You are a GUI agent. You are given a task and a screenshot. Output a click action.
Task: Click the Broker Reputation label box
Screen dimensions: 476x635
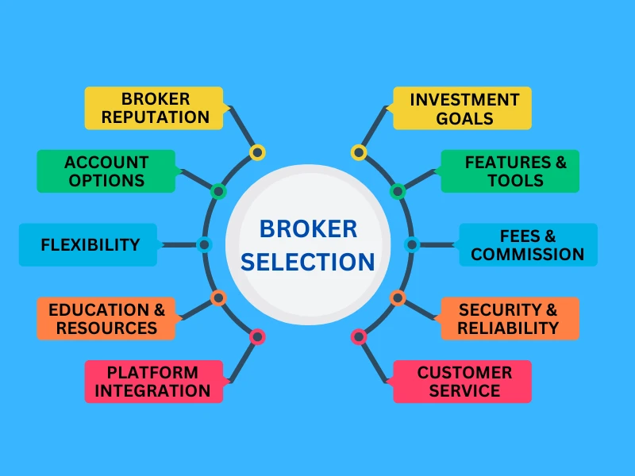pos(154,109)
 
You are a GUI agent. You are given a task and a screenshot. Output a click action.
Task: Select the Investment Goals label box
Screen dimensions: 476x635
pos(463,109)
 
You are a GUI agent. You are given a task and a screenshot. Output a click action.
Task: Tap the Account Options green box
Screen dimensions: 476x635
pos(106,171)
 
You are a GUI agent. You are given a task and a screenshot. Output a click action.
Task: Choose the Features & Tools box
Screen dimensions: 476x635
pos(510,171)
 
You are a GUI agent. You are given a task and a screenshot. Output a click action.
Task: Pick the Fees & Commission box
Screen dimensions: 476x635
pos(528,244)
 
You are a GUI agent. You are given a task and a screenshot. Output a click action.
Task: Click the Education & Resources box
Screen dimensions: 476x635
pos(106,318)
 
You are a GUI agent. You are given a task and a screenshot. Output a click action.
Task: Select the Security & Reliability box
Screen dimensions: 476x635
pos(510,318)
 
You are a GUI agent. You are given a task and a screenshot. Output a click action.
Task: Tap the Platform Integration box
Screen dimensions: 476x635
pos(154,382)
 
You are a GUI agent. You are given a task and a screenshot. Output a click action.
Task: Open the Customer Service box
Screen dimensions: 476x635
pos(463,382)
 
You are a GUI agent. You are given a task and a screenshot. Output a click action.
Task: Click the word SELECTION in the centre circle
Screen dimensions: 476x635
pos(309,262)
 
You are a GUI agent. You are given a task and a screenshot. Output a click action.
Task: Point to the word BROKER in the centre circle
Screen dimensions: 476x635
pos(309,229)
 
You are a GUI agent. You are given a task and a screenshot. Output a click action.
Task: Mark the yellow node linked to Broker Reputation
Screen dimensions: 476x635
pos(256,152)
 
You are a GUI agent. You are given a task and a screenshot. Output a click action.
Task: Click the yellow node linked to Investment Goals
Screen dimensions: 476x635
pos(359,152)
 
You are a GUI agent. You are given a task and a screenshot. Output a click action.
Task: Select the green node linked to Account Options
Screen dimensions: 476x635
pos(218,191)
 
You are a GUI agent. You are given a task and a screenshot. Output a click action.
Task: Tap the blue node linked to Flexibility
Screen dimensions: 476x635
pos(204,244)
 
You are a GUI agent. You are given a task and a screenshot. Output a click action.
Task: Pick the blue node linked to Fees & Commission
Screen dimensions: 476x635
pos(411,244)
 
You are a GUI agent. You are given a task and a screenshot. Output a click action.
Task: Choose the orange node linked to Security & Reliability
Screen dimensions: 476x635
pos(398,298)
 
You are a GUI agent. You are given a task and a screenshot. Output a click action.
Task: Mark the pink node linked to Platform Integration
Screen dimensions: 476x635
pos(256,336)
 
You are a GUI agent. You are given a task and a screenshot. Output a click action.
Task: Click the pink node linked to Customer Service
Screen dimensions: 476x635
pos(359,336)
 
